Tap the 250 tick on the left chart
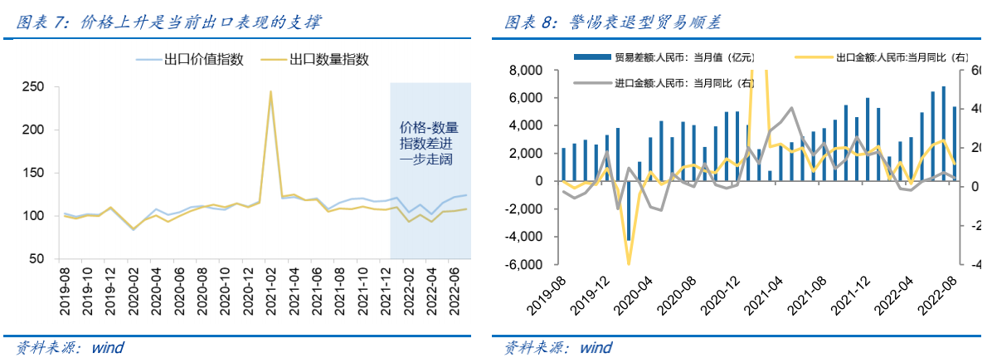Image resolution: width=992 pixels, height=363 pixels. (32, 86)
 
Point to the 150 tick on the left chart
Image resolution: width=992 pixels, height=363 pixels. (32, 173)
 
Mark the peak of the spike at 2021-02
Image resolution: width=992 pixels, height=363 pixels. (270, 92)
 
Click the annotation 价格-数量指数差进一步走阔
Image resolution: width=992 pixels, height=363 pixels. (430, 143)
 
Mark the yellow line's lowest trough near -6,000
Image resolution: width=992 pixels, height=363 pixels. (628, 263)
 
